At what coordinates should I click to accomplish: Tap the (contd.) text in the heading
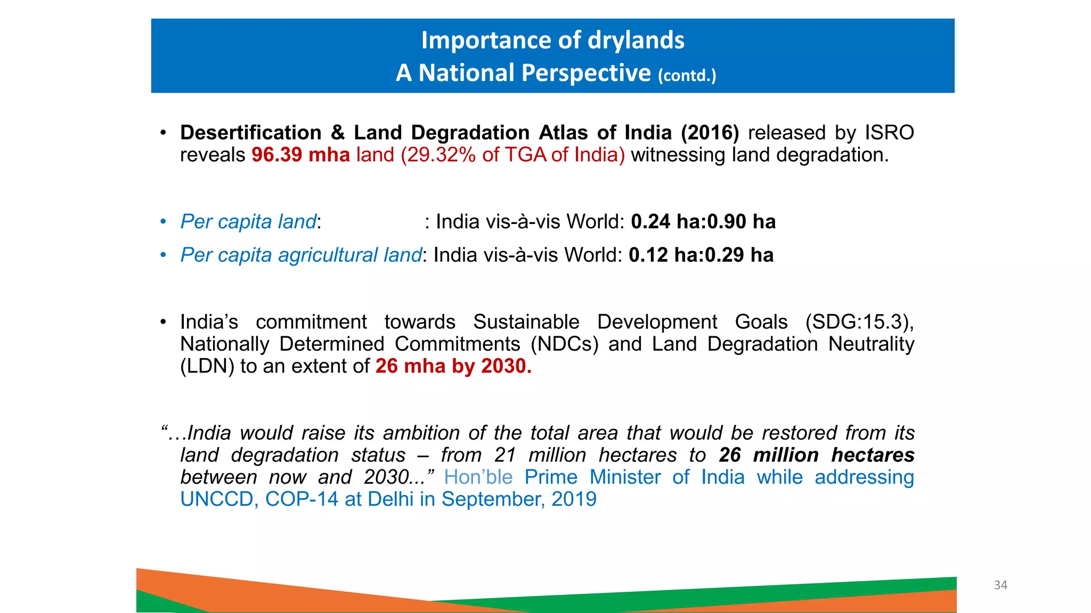[687, 76]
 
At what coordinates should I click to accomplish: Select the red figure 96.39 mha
[300, 155]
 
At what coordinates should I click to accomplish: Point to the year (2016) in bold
[710, 132]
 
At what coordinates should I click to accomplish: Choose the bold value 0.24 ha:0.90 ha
[703, 222]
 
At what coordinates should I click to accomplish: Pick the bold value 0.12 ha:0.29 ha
[701, 255]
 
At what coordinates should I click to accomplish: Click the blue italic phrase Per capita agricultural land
[301, 255]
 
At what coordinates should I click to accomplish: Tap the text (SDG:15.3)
[858, 322]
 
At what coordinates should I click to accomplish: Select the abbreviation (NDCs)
[565, 344]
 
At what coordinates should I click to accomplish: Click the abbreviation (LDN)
[207, 367]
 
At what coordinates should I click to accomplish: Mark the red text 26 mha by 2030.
[453, 367]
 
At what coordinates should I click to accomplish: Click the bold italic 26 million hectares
[816, 455]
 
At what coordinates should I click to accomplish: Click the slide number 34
[1000, 585]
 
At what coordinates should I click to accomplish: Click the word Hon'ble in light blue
[478, 477]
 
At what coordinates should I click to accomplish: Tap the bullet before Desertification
[164, 132]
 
